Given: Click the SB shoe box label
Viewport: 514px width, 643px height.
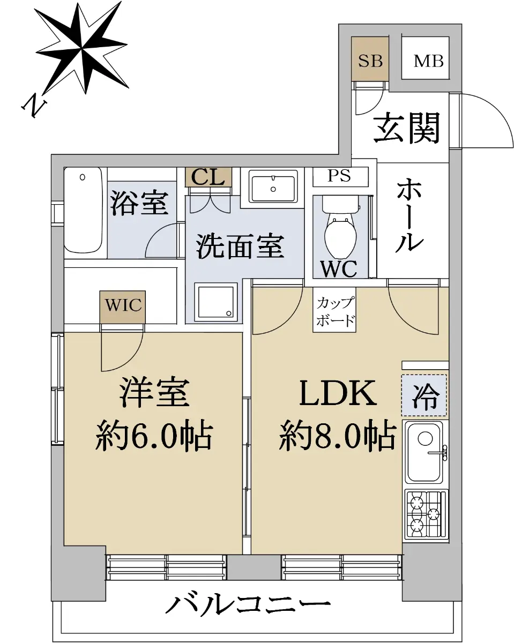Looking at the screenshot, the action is [x=370, y=61].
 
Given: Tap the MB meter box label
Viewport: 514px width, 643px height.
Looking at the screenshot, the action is [x=428, y=61].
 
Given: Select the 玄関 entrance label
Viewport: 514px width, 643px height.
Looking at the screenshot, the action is [x=406, y=128].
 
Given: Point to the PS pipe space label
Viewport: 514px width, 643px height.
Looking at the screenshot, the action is [x=339, y=176].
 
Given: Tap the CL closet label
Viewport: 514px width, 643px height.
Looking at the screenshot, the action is [x=208, y=177].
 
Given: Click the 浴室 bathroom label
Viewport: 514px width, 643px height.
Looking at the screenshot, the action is [x=139, y=203].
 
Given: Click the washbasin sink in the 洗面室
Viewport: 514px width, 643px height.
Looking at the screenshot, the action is [x=273, y=189].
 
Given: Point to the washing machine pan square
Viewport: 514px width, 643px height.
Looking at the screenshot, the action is [x=216, y=302].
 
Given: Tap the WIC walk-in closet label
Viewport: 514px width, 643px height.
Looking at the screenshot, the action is [x=123, y=305].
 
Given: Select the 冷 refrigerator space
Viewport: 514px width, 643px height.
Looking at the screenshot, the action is [x=424, y=395].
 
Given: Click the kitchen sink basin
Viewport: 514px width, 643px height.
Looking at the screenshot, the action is [x=424, y=452].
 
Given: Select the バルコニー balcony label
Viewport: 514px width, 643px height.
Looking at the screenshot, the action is [x=248, y=604].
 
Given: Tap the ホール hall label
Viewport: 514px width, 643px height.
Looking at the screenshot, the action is [x=409, y=215].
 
